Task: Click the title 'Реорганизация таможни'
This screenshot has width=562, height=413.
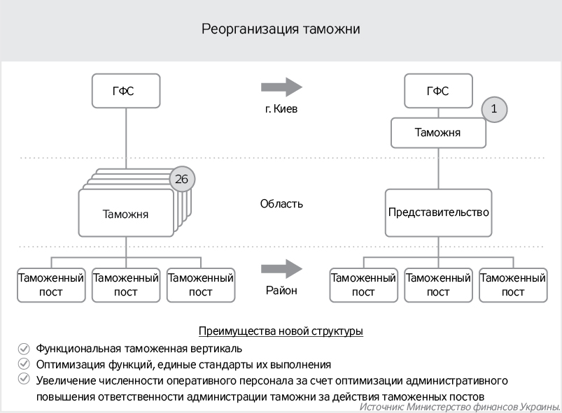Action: pos(281,29)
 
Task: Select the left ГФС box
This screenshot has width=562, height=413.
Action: pos(126,91)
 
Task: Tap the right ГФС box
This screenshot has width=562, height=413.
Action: pos(437,91)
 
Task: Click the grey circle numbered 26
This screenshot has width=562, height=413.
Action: pos(182,180)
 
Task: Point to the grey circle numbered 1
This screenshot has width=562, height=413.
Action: pos(494,109)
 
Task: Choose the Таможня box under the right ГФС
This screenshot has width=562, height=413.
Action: pos(437,132)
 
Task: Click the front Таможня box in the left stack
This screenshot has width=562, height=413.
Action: pos(125,214)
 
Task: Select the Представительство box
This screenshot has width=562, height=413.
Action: pos(437,212)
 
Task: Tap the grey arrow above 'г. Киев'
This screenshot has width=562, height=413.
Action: pos(281,87)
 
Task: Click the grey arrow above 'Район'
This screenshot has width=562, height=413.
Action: pos(281,269)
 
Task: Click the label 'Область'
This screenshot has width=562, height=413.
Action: pos(281,204)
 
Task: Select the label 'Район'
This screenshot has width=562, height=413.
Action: pos(281,291)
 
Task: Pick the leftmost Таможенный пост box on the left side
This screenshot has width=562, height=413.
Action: pos(51,284)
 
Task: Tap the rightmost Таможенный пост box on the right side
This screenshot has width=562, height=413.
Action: pos(513,284)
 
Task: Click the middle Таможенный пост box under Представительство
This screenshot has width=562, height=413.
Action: pos(438,284)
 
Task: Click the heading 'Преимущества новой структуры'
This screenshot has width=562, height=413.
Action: pos(281,331)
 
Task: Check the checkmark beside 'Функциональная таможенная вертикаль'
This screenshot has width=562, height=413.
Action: pos(24,348)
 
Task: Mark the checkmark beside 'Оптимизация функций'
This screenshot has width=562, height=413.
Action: pos(24,364)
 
